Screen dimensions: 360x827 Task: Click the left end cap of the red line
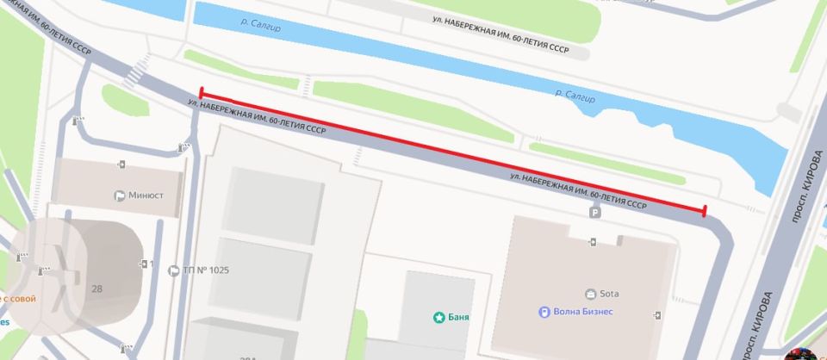click(201, 93)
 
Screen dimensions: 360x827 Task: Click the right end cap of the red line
click(705, 211)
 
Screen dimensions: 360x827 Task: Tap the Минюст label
click(146, 195)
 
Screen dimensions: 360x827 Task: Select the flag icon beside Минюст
click(119, 195)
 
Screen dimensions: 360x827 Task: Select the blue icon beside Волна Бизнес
click(544, 312)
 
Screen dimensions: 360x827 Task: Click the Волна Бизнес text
click(581, 312)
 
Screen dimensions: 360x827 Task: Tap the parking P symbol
click(593, 212)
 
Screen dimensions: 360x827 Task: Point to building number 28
click(96, 289)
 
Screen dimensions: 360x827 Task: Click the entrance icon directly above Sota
click(593, 242)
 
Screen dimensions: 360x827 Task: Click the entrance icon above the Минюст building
click(121, 164)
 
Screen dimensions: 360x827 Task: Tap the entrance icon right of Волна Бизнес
click(657, 314)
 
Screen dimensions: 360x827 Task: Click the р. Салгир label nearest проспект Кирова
click(575, 95)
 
